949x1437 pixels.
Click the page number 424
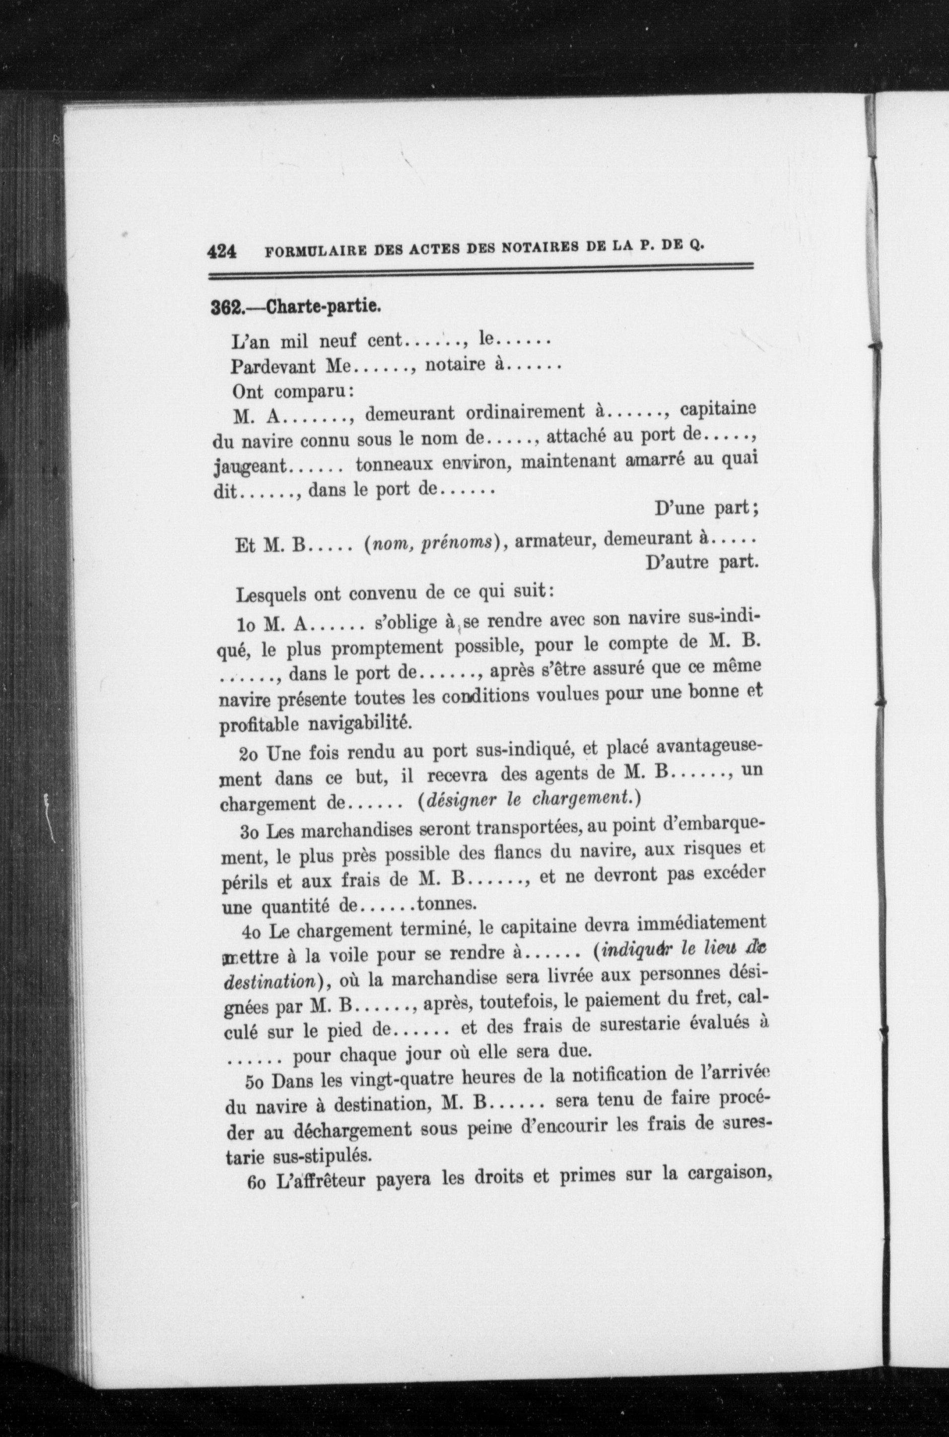[x=221, y=251]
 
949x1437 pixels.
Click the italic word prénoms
[x=458, y=542]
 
